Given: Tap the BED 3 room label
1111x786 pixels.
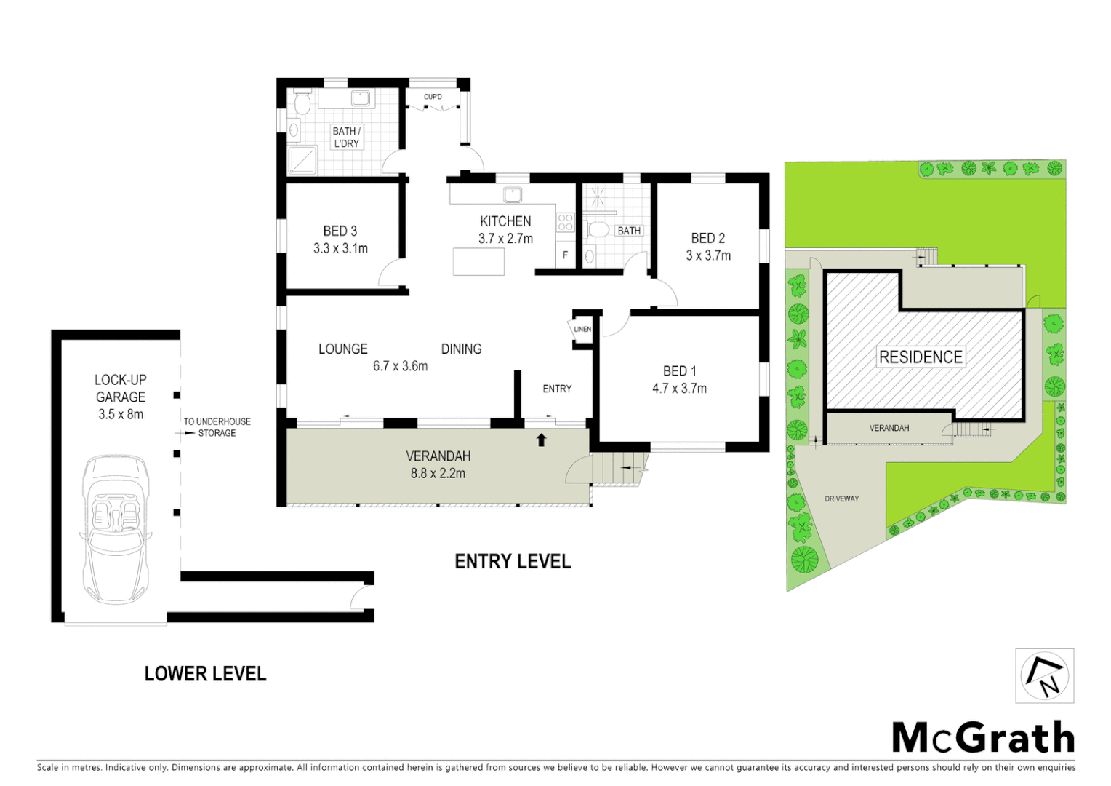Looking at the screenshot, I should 340,231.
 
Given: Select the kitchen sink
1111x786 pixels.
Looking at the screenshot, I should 513,194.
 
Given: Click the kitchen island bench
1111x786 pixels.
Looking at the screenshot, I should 478,261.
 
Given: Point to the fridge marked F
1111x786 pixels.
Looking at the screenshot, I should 566,255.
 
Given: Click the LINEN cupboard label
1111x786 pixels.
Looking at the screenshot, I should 582,329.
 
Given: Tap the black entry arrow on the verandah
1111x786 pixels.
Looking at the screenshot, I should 541,440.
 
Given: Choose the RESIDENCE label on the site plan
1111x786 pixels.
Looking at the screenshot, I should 921,357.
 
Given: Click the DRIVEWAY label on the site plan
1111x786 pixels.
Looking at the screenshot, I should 841,499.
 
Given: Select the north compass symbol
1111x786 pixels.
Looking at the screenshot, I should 1045,676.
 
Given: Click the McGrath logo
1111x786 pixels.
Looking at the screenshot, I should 983,737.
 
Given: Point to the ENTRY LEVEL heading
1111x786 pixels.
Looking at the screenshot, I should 513,562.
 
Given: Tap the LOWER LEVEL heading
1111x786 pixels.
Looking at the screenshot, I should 205,674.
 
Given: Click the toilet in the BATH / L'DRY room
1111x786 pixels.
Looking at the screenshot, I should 303,103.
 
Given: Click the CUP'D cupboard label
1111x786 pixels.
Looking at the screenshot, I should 433,97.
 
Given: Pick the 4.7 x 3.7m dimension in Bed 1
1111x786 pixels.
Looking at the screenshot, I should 679,389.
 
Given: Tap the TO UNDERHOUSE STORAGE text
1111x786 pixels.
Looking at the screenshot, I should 217,427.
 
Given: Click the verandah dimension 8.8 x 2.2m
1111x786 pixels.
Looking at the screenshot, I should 438,473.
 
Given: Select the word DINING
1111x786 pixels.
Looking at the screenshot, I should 461,349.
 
